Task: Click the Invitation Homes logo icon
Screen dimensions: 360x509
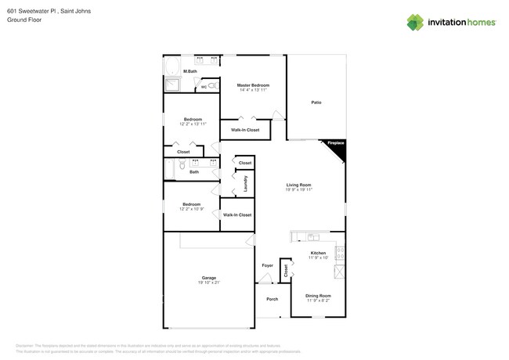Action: [415, 22]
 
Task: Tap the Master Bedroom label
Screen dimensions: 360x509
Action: [253, 85]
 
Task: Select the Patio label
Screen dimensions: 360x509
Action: [316, 103]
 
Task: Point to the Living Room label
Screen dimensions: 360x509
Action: [298, 185]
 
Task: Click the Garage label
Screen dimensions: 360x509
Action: [208, 278]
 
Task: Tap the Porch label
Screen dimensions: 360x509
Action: [272, 299]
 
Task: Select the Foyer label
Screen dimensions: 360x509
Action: [267, 266]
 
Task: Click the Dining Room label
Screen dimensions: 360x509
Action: [318, 295]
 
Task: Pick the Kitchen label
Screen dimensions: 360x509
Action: [318, 253]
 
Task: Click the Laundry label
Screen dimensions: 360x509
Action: [246, 184]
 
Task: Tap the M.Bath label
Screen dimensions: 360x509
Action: [190, 71]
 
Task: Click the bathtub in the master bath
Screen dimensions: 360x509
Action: [172, 66]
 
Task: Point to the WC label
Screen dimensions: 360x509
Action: [204, 87]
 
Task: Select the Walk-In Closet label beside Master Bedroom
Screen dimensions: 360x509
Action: [245, 130]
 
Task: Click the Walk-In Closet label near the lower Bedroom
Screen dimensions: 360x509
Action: [236, 214]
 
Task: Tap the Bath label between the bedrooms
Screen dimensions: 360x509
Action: [193, 171]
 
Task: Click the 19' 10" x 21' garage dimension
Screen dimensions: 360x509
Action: [208, 283]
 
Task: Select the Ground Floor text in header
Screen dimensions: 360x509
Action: [24, 20]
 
